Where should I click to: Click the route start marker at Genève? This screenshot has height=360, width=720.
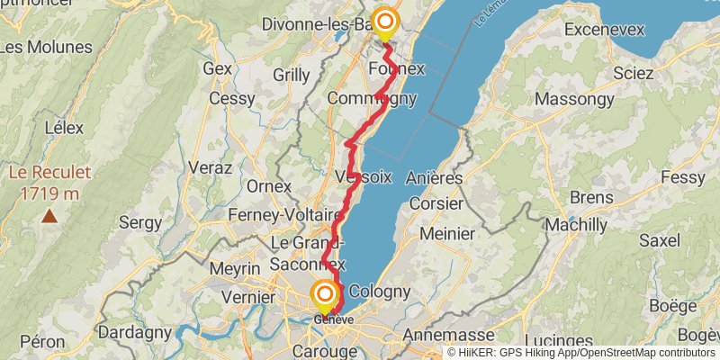(x=325, y=294)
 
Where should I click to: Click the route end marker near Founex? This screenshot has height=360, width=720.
(x=385, y=21)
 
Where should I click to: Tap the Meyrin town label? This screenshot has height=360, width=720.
(x=234, y=268)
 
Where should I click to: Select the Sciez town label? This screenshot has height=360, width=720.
(x=632, y=72)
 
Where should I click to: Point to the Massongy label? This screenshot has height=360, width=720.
(x=576, y=97)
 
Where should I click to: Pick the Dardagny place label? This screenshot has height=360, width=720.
(x=134, y=332)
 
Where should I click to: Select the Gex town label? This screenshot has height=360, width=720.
(x=218, y=67)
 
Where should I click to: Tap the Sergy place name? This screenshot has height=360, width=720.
(x=140, y=221)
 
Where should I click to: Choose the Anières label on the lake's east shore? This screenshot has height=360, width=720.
(x=434, y=178)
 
